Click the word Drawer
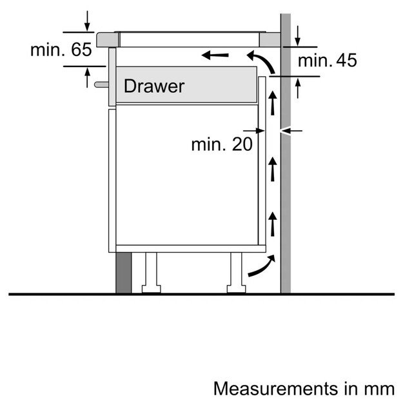pos(154,86)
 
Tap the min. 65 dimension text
pos(61,50)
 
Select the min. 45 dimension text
pos(327,61)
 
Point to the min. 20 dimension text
pos(221,144)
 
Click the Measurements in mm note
pos(303,389)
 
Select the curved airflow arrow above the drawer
pos(263,63)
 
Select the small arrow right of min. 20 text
pos(260,132)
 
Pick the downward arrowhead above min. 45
pos(298,40)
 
